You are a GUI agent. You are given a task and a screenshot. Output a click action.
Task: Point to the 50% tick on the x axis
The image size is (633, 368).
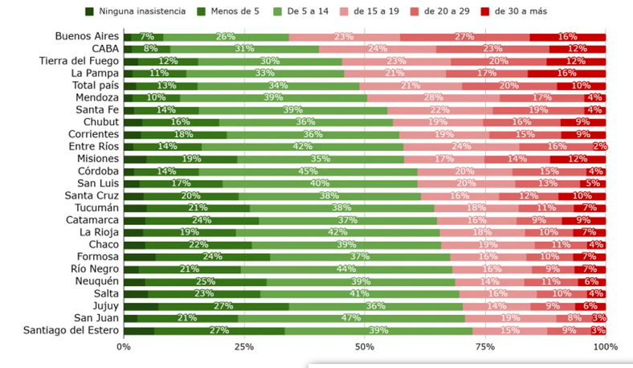pos(365,346)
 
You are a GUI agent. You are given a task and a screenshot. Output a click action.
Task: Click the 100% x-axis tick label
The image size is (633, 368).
pos(605,346)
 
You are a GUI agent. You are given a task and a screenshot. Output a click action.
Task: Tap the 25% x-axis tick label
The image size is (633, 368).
pos(244,346)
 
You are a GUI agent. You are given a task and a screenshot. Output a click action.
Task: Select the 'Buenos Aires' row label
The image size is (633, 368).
pos(87,36)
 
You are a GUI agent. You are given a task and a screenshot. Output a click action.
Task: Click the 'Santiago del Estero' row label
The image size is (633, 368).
pos(71,329)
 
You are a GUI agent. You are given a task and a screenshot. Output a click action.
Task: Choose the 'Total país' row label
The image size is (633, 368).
pos(94,85)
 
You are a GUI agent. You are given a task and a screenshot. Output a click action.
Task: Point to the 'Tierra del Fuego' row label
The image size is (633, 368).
pos(79,61)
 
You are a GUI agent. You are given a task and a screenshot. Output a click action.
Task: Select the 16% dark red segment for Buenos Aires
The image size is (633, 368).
pos(567,36)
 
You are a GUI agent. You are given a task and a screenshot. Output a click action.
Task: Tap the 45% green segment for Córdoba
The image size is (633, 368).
pos(308,171)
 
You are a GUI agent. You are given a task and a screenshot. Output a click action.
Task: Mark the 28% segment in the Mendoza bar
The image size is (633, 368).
pos(435,98)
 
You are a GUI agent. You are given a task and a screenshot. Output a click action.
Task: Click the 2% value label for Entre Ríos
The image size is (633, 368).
pos(599,146)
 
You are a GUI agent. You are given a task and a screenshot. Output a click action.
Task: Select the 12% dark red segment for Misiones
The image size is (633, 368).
pos(578,159)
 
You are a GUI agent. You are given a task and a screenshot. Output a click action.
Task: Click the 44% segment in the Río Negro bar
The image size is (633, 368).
pos(346,268)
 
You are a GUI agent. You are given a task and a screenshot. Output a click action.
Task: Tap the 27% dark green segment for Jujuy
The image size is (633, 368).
pos(223,305)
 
